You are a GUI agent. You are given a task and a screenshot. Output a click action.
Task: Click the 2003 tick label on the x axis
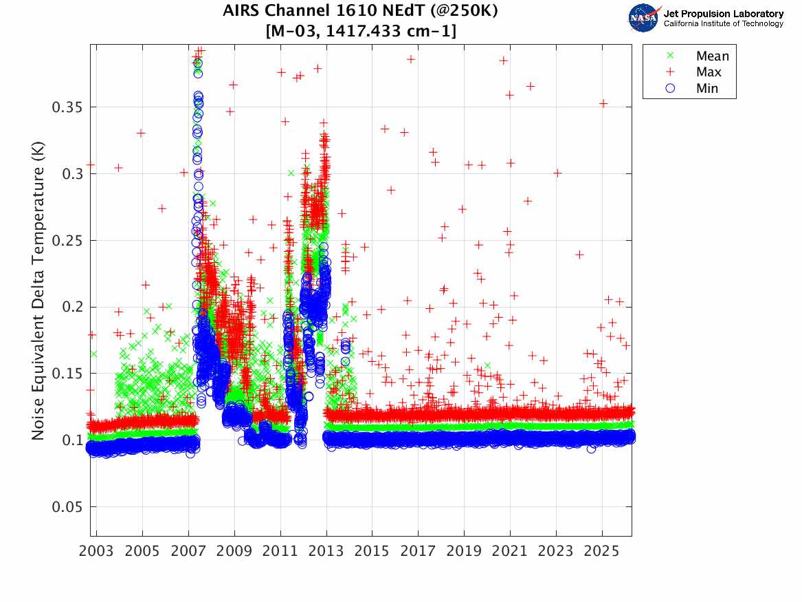click(97, 552)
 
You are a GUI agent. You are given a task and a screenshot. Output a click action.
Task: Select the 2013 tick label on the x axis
click(326, 552)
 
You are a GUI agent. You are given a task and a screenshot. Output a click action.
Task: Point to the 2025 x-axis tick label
click(602, 552)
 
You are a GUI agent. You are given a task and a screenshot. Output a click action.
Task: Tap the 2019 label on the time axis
click(464, 552)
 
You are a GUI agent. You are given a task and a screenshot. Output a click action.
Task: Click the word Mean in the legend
click(712, 56)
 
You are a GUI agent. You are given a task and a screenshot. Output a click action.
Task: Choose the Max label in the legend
click(709, 72)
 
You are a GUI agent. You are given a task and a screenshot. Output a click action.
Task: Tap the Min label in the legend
click(707, 88)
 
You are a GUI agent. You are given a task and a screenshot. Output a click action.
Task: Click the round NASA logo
click(644, 18)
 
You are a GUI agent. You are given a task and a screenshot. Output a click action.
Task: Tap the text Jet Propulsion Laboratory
click(723, 14)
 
